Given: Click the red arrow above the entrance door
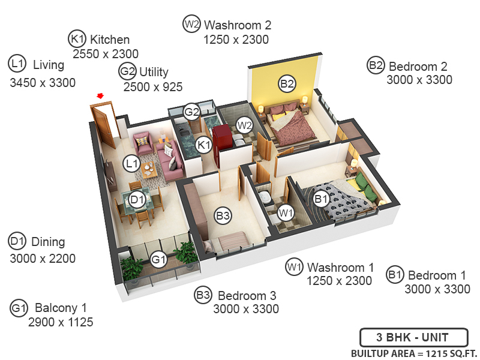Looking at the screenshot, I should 100,95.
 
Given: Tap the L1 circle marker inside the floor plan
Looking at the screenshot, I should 132,163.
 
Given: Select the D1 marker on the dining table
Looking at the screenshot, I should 137,200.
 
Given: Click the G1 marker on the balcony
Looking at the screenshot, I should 158,260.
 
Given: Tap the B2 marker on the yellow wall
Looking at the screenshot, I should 287,84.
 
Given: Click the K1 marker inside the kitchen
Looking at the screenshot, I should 205,144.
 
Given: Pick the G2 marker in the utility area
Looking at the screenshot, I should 191,112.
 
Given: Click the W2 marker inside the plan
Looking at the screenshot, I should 244,125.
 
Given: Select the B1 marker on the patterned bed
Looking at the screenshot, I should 321,197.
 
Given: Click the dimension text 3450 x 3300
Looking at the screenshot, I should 43,83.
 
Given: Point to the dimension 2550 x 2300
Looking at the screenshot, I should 106,54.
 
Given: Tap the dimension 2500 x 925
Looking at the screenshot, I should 152,86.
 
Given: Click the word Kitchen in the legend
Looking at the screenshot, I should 110,40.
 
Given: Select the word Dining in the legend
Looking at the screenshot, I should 48,242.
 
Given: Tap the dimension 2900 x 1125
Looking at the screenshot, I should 61,322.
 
